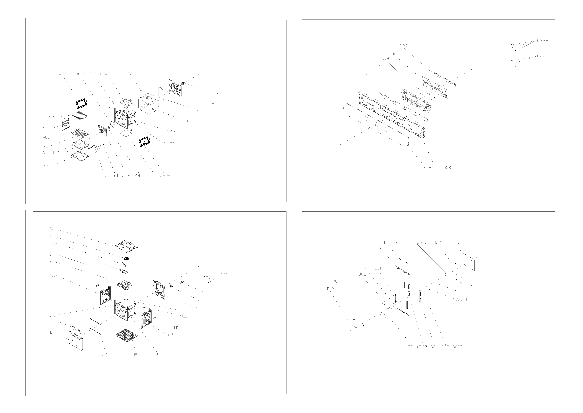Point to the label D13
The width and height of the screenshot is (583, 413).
tap(104, 175)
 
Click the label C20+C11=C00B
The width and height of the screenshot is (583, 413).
tap(436, 168)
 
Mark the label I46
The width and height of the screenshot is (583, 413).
tap(52, 229)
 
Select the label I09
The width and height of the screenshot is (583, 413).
tap(136, 354)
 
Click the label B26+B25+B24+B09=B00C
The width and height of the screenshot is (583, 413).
tap(435, 347)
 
